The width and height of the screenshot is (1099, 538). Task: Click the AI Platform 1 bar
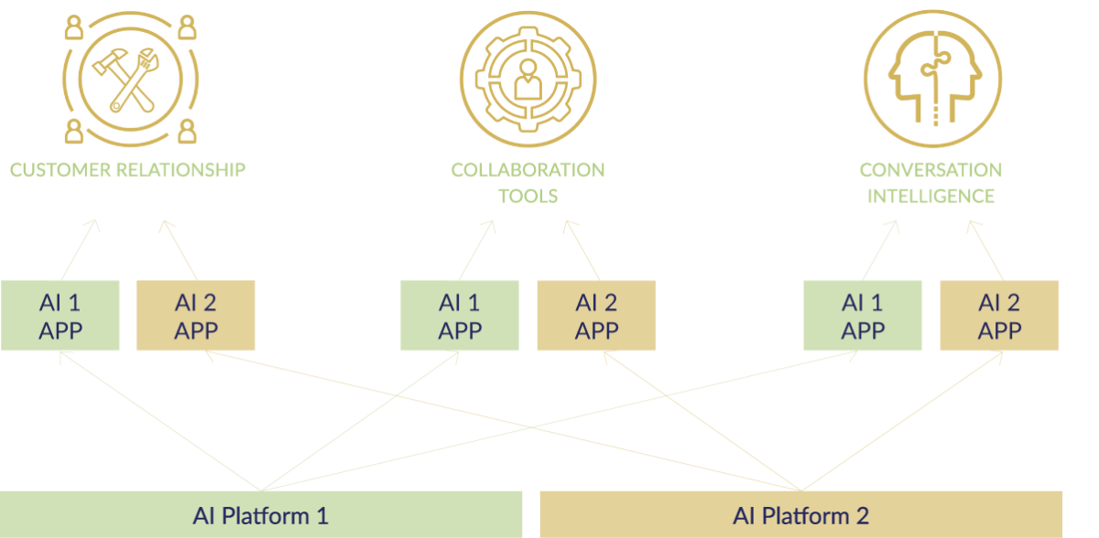pos(261,514)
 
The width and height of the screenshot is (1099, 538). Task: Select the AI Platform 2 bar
pos(800,514)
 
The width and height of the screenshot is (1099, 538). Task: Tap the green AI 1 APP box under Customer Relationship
pos(60,316)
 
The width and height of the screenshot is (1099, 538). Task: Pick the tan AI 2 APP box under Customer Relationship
pos(195,316)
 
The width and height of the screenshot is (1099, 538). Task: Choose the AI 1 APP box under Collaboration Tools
pos(460,316)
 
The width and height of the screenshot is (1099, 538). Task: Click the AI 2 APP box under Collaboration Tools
pos(596,316)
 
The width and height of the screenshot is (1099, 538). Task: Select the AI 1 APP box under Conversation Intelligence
pos(863,316)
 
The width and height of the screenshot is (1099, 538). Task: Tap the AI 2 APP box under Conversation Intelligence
pos(999,316)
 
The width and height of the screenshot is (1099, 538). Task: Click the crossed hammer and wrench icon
pos(129,77)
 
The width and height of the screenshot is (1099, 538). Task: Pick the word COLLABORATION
pos(528,170)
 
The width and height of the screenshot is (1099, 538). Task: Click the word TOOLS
pos(528,196)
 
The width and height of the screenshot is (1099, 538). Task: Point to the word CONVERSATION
pos(930,170)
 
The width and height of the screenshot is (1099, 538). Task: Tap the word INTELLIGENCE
pos(930,196)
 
